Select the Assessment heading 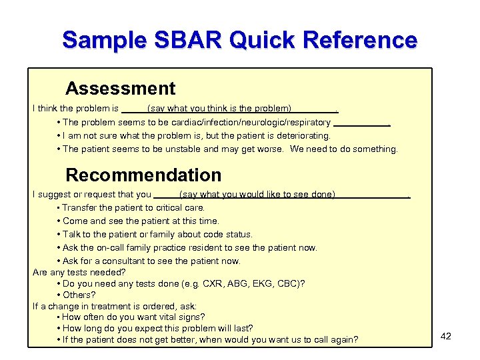point(120,89)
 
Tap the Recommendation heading point(143,175)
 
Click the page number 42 point(446,336)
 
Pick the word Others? point(79,295)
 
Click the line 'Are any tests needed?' point(79,272)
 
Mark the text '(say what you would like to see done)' point(257,195)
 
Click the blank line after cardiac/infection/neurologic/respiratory point(361,124)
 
